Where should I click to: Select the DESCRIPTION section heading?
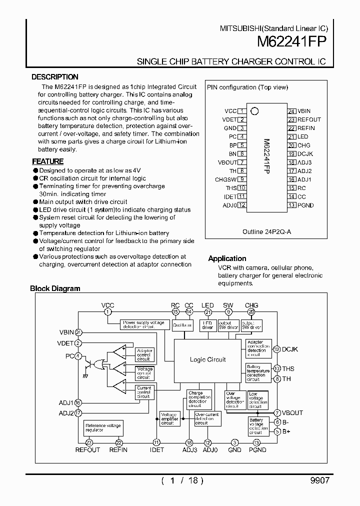[x=55, y=77]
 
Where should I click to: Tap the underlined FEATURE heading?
[x=48, y=161]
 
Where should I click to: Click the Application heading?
[x=227, y=258]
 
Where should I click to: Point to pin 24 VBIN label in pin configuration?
[x=304, y=111]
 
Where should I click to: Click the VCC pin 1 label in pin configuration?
[x=230, y=111]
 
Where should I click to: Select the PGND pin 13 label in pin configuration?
[x=306, y=205]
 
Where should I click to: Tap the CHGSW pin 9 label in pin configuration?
[x=225, y=179]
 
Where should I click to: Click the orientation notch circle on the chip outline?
[x=254, y=111]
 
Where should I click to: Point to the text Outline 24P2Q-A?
[x=266, y=232]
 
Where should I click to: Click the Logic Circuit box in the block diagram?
[x=207, y=359]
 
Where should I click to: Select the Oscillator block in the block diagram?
[x=182, y=325]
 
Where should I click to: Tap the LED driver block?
[x=207, y=325]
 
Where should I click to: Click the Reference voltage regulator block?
[x=103, y=428]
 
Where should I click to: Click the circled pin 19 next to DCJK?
[x=276, y=349]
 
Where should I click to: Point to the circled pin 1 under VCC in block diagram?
[x=107, y=311]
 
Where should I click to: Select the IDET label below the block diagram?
[x=156, y=450]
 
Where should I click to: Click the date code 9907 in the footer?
[x=319, y=480]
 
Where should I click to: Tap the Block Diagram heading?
[x=55, y=288]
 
